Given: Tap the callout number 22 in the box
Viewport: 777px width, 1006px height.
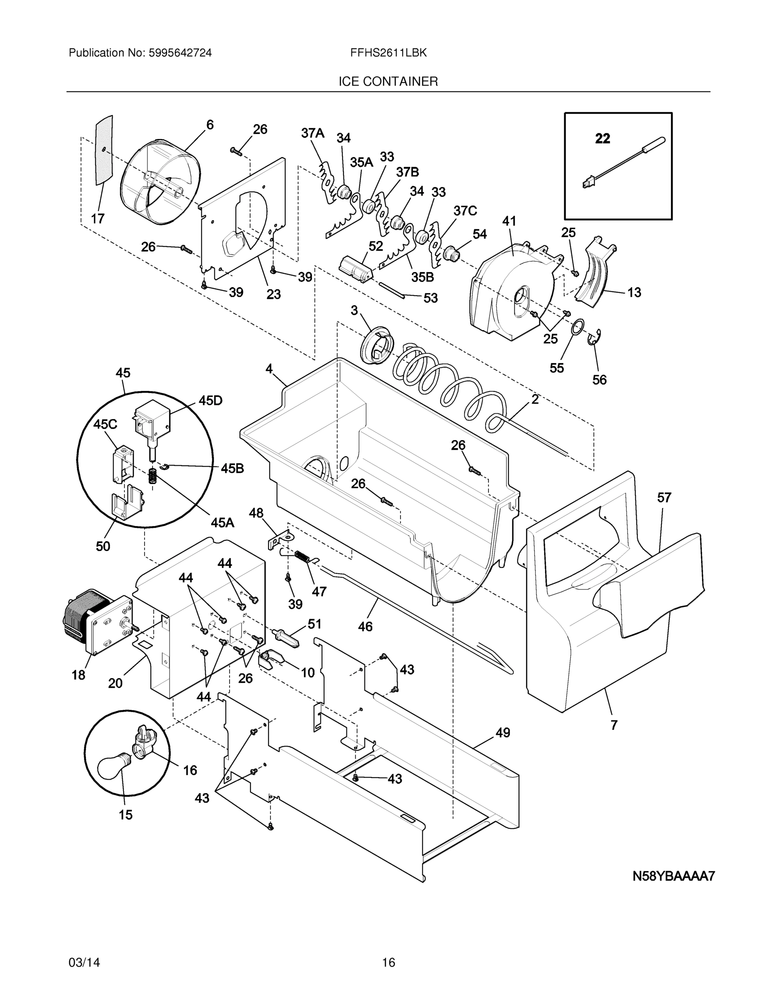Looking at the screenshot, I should click(x=603, y=138).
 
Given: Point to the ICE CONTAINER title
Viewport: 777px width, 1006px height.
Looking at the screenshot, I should click(x=388, y=82).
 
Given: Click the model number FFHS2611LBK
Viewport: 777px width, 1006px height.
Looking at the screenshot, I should click(x=388, y=53).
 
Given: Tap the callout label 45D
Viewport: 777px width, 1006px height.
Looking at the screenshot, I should click(x=210, y=401).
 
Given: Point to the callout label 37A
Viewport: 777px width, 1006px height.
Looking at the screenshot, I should click(x=312, y=134).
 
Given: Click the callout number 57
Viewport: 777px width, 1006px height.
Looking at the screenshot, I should click(x=664, y=498).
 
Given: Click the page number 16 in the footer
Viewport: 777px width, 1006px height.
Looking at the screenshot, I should click(x=388, y=962).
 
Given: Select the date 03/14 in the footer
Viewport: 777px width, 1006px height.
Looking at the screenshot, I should click(x=84, y=962).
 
